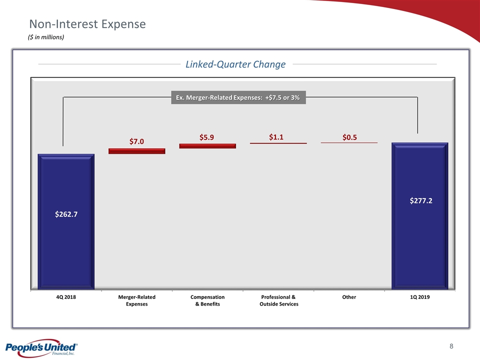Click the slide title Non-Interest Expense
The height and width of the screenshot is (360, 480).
click(x=87, y=24)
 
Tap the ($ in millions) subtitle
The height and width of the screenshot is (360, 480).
click(x=45, y=37)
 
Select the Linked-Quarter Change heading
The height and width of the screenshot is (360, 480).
click(x=235, y=64)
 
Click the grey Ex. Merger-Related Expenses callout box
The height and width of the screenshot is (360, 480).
click(x=238, y=97)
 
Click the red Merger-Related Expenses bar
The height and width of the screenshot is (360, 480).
click(x=136, y=151)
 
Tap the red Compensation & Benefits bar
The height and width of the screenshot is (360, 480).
click(x=207, y=146)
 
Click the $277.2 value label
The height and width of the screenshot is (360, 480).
click(x=420, y=200)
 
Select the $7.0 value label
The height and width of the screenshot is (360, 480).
click(x=136, y=141)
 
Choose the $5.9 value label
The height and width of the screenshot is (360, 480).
click(x=207, y=136)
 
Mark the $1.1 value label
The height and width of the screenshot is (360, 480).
click(x=278, y=136)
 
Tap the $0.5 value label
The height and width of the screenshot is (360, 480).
click(x=349, y=136)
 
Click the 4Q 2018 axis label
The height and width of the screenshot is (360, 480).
click(x=66, y=297)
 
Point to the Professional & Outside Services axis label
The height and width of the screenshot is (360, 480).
click(x=278, y=300)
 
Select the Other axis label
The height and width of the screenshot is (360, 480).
click(x=349, y=297)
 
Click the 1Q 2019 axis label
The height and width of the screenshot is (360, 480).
click(x=419, y=297)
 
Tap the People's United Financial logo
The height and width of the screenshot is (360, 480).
click(x=40, y=348)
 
